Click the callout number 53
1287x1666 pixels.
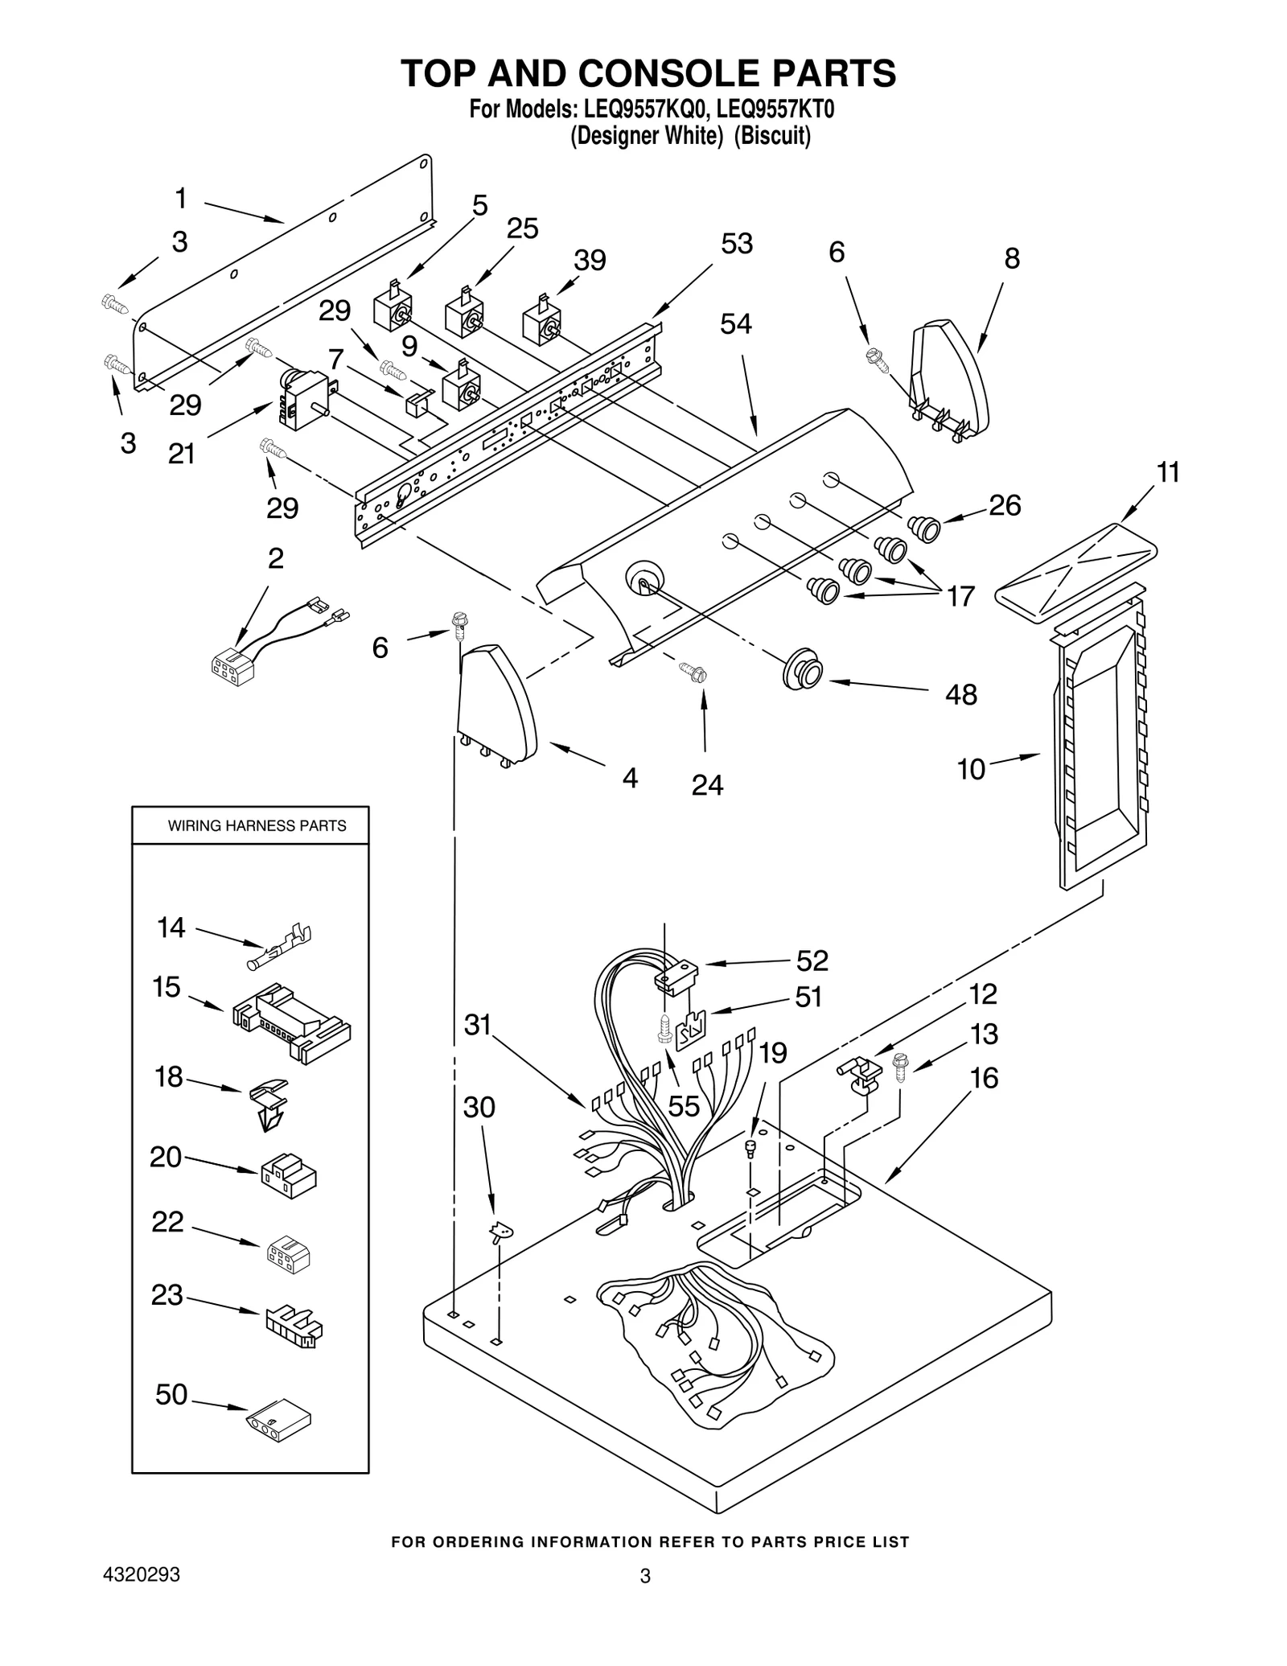coord(736,244)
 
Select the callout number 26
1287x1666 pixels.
coord(1004,505)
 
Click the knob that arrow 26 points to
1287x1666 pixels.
coord(924,529)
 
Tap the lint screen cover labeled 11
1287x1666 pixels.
coord(1076,562)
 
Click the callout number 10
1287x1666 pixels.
coord(971,769)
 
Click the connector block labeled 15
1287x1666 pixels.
coord(291,1023)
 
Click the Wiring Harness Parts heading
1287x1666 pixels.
coord(257,825)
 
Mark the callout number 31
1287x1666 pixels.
coord(477,1026)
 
